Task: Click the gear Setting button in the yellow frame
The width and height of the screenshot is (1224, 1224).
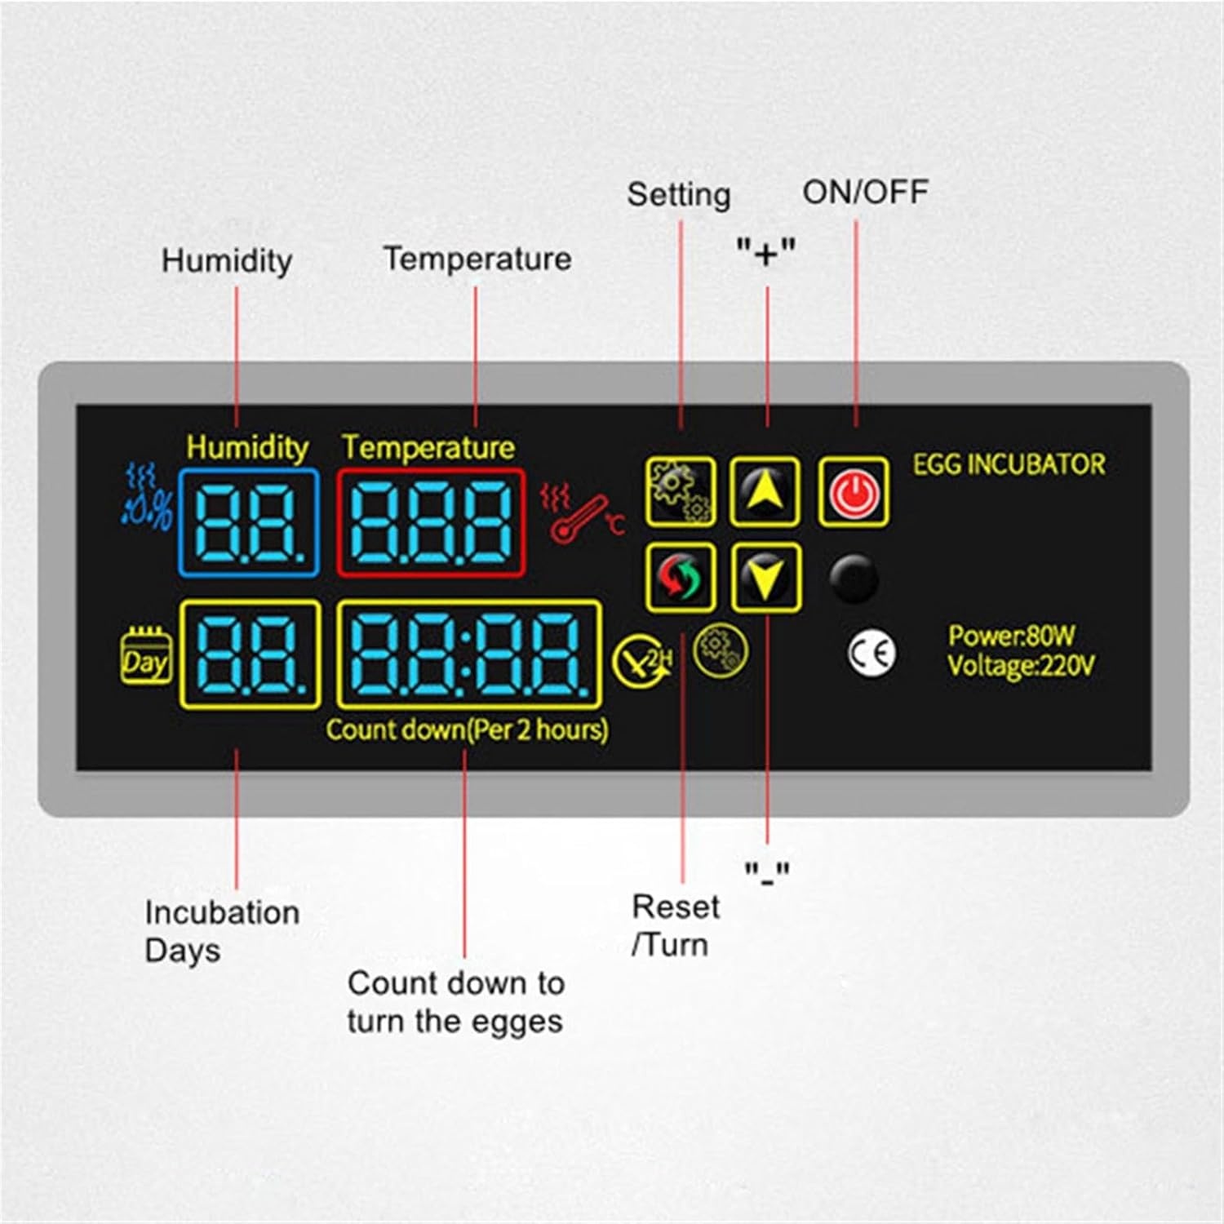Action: click(x=681, y=491)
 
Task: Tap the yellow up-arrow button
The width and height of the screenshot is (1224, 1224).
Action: click(x=765, y=491)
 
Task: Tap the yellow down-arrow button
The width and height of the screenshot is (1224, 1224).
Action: click(x=765, y=577)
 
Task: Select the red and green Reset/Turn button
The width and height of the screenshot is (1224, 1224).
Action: click(x=681, y=577)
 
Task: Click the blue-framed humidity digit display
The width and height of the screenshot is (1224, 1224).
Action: click(x=249, y=523)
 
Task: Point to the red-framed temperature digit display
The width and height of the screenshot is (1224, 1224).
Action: click(x=431, y=523)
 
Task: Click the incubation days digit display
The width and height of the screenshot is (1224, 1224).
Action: click(x=250, y=654)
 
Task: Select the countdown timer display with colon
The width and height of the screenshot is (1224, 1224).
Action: click(x=469, y=654)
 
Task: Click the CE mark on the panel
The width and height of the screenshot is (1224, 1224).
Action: click(x=871, y=654)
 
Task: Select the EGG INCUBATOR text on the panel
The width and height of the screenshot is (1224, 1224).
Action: click(x=1009, y=464)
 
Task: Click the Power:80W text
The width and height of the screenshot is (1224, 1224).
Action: click(x=1011, y=635)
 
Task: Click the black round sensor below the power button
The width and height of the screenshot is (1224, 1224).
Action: click(x=854, y=579)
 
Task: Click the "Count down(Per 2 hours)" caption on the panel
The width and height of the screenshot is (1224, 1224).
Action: click(x=467, y=729)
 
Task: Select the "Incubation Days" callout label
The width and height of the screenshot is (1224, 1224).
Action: click(x=222, y=931)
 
